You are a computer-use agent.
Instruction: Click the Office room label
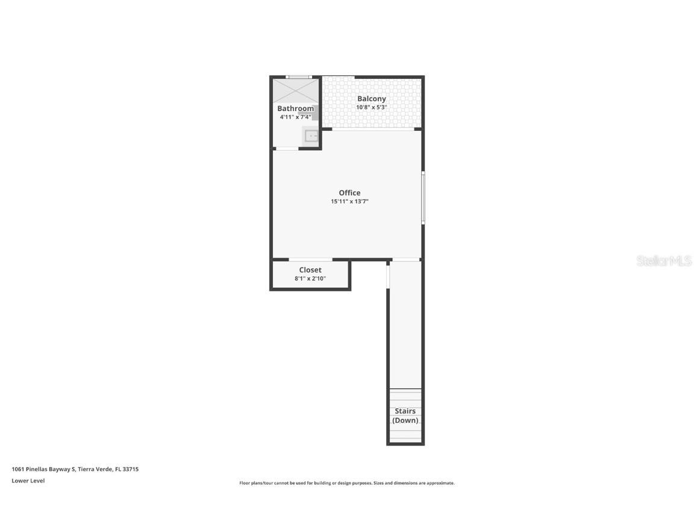[x=349, y=193]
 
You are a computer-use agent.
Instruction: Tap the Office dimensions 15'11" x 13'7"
[x=349, y=202]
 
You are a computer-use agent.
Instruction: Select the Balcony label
[x=372, y=99]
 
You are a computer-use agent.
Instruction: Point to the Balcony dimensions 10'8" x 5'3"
[x=372, y=107]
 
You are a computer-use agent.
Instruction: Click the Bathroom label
[x=295, y=109]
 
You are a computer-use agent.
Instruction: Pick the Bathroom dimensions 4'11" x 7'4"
[x=295, y=117]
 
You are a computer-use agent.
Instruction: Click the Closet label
[x=310, y=270]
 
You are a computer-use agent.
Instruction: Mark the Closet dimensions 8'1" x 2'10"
[x=310, y=279]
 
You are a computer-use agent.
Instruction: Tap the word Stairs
[x=405, y=411]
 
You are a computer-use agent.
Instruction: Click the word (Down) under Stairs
[x=405, y=420]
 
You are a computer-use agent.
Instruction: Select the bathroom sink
[x=311, y=136]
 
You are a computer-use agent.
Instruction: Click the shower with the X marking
[x=295, y=91]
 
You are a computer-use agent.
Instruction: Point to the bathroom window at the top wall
[x=298, y=77]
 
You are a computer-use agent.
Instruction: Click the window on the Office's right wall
[x=423, y=198]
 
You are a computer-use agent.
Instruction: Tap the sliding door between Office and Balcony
[x=372, y=129]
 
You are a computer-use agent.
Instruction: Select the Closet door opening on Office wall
[x=310, y=260]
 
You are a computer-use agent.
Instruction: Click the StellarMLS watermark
[x=664, y=261]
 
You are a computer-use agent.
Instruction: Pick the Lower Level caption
[x=28, y=481]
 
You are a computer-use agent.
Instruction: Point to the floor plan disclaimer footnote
[x=347, y=483]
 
